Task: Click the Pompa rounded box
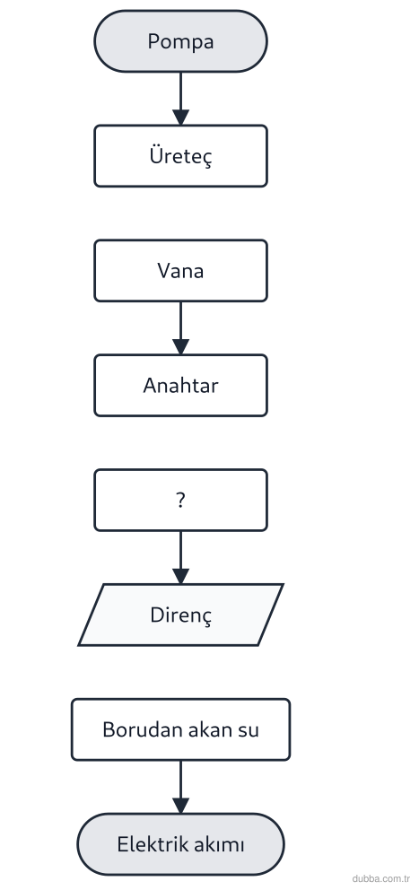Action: click(x=180, y=41)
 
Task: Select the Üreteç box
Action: click(x=180, y=156)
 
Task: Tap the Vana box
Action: click(x=180, y=271)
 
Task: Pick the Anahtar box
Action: click(x=180, y=386)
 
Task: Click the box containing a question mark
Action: click(x=180, y=500)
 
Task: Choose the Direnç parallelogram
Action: click(x=180, y=615)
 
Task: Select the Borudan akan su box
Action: click(x=180, y=729)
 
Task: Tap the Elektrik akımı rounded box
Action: click(x=180, y=844)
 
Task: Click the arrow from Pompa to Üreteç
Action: click(x=180, y=99)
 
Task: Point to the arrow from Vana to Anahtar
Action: click(x=180, y=328)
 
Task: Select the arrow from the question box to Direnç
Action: click(x=180, y=557)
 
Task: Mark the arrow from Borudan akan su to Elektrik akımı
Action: click(x=180, y=787)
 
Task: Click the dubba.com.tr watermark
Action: click(x=381, y=878)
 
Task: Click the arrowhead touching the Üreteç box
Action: click(x=180, y=118)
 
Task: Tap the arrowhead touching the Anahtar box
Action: click(x=180, y=347)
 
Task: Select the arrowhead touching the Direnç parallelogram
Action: click(x=180, y=577)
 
